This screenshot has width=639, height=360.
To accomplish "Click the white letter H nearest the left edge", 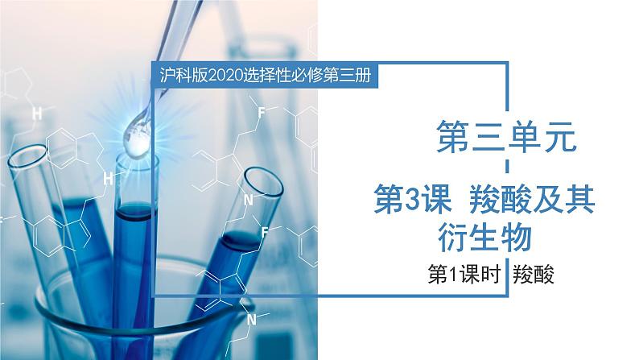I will click(x=36, y=114).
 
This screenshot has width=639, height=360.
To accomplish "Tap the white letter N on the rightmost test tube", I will click(x=249, y=201).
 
